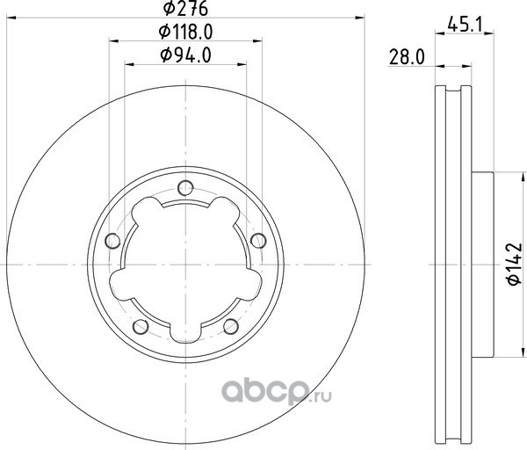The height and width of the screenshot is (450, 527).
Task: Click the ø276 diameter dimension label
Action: (x=185, y=9)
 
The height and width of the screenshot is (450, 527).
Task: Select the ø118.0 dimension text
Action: (x=185, y=33)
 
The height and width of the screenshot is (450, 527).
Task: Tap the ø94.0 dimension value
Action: (x=185, y=55)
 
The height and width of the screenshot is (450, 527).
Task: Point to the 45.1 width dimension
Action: (x=465, y=25)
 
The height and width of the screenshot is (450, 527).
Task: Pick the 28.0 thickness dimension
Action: (x=407, y=57)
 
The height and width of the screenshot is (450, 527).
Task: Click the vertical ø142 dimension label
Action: (x=515, y=264)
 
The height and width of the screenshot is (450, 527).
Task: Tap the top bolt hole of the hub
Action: (x=185, y=188)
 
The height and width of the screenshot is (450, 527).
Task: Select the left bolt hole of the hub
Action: (x=112, y=241)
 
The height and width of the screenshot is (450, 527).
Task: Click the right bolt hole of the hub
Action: (x=258, y=241)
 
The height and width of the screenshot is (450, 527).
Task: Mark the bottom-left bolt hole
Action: (x=141, y=326)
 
